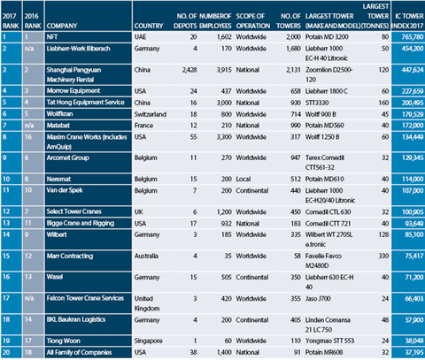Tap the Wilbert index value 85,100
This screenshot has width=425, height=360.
click(x=404, y=288)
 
